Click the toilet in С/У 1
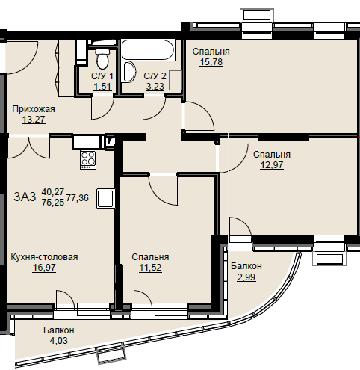coord(102,59)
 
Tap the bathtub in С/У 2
coord(148,49)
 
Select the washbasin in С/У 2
coord(129,72)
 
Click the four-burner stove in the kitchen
coord(88,159)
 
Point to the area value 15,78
coord(211,61)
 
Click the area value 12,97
coord(272,165)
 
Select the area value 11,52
coord(150,268)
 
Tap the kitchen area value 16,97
coord(44,268)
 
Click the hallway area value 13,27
coord(34,120)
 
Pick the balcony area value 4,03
coord(58,341)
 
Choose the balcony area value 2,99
coord(246,277)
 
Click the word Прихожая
coord(34,109)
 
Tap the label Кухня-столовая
coord(44,257)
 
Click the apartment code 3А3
coord(25,197)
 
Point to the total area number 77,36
coord(78,198)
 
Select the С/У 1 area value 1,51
coord(102,87)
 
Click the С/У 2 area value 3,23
coord(155,87)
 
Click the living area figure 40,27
coord(53,191)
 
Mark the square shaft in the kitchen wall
coord(106,198)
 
